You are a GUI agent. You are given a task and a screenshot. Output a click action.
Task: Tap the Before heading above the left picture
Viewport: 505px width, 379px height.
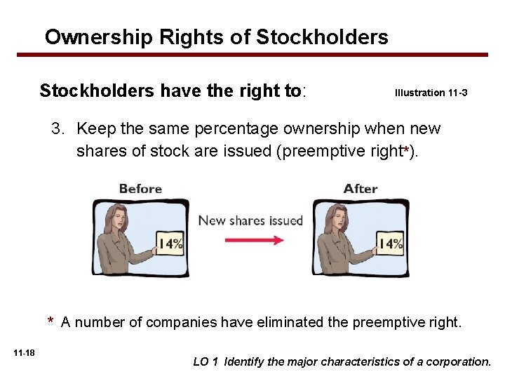tap(140, 189)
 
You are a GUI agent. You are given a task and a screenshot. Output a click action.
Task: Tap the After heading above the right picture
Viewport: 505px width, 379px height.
tap(361, 189)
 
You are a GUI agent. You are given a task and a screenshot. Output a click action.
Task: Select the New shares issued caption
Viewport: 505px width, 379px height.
tap(250, 220)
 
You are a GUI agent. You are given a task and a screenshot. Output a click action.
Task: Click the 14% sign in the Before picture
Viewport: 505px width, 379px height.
tap(170, 244)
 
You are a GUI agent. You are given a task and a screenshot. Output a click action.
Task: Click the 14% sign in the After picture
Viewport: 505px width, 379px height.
tap(391, 244)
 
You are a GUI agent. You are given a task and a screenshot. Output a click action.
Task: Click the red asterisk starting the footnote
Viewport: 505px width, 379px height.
tap(51, 322)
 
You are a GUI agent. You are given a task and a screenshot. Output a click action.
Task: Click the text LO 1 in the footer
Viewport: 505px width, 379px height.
tap(206, 362)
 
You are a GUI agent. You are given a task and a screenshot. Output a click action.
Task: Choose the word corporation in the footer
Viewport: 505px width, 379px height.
tap(459, 362)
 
